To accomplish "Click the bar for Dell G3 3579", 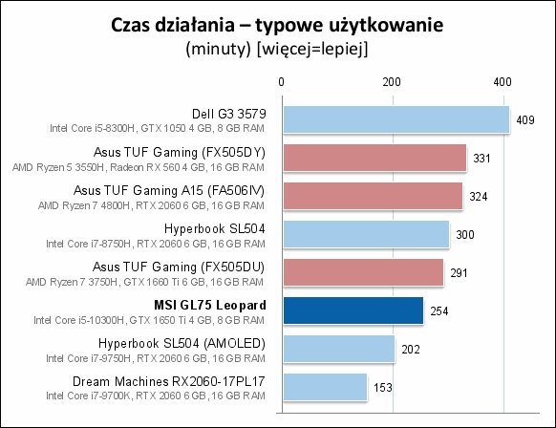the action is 396,119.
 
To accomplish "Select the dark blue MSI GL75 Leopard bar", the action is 353,310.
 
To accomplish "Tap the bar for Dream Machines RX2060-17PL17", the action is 325,387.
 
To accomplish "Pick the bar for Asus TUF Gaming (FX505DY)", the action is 374,158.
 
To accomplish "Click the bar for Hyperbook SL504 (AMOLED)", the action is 338,349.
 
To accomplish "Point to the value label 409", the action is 525,120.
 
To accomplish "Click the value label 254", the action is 439,311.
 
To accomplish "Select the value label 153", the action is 382,387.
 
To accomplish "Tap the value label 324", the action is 479,197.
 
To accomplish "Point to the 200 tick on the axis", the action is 392,82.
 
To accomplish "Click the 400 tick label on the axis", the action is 503,82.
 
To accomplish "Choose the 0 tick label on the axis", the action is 281,82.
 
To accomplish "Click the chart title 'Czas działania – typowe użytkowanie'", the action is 277,25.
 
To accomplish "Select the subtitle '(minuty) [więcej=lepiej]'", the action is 277,49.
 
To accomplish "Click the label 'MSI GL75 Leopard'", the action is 210,305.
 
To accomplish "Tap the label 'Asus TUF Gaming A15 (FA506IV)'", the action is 169,191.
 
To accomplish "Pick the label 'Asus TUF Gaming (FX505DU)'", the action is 179,267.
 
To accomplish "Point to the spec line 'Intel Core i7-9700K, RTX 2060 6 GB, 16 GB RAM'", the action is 156,396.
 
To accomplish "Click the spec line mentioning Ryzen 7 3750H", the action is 144,282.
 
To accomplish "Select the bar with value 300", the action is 366,234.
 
